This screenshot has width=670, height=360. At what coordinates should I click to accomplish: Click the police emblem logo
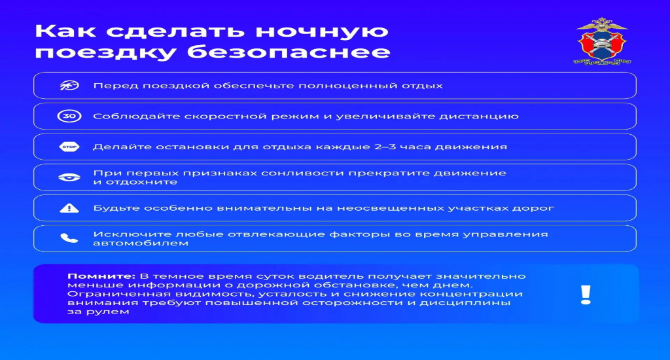[602, 41]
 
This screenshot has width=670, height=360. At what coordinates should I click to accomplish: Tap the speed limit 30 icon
[69, 116]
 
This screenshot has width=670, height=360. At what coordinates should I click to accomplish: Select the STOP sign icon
[69, 147]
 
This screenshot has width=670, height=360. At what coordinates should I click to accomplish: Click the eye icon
[69, 177]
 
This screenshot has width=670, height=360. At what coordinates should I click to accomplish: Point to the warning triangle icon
[69, 208]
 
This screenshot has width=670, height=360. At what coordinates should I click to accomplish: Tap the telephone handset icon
[69, 238]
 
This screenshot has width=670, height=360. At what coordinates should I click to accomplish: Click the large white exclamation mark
[586, 295]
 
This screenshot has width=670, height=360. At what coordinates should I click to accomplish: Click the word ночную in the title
[323, 31]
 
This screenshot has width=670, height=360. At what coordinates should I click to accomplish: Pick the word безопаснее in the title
[289, 52]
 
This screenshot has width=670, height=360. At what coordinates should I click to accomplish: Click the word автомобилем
[141, 243]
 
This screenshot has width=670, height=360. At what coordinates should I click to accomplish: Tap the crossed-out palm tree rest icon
[69, 86]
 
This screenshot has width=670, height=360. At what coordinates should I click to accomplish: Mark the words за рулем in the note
[98, 312]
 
